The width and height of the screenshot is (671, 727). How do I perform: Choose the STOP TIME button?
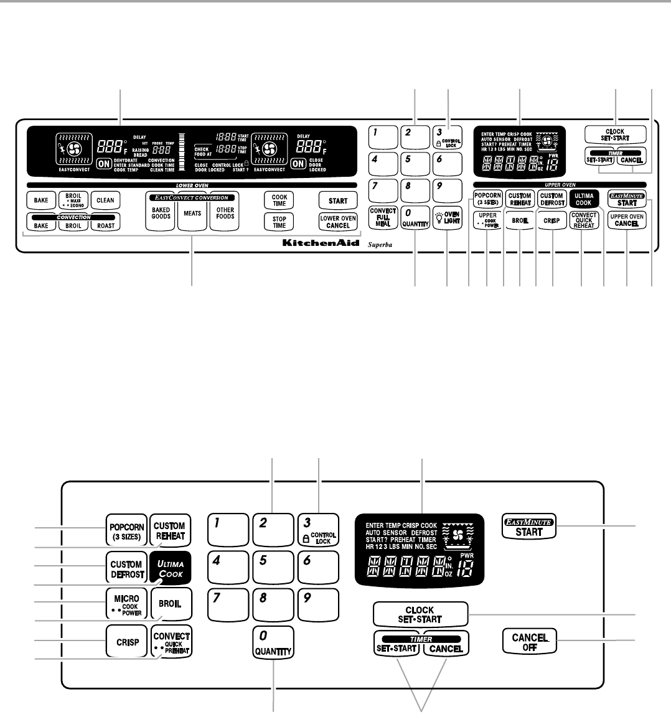[x=279, y=222]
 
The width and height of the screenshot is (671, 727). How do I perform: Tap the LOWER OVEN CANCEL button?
[x=338, y=222]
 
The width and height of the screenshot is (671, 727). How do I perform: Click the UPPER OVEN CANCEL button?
[x=627, y=220]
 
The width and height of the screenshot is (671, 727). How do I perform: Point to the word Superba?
[x=379, y=244]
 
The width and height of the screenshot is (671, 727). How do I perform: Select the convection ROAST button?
[x=106, y=225]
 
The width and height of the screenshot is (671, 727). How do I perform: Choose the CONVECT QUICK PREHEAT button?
[x=171, y=640]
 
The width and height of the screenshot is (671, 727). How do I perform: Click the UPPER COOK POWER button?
[x=487, y=220]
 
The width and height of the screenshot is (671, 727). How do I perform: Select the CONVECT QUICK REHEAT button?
[x=584, y=220]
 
